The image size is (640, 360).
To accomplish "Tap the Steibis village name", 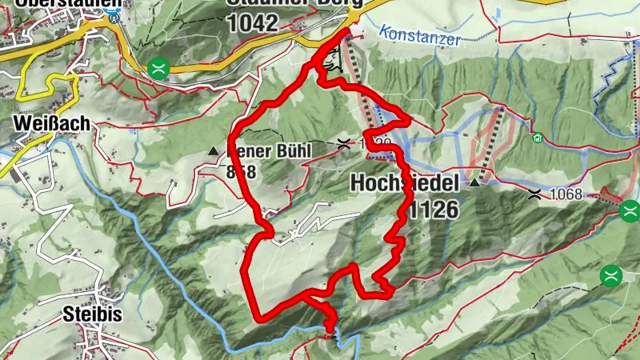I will click(x=92, y=314).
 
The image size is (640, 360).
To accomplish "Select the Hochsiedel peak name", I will click(x=404, y=184).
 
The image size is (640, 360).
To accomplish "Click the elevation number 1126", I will click(x=432, y=210).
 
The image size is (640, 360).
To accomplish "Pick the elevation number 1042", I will click(x=253, y=23).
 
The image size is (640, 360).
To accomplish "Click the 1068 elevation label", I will click(x=569, y=193).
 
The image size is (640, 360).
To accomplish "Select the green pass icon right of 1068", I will click(x=630, y=210).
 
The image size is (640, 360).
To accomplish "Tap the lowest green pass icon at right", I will click(x=612, y=275).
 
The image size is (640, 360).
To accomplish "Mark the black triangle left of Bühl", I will click(x=213, y=150).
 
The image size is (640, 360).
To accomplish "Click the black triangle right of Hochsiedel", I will click(x=476, y=182).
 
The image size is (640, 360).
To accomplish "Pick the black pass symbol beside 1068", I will click(x=534, y=192).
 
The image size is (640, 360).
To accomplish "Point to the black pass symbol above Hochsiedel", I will click(x=345, y=144).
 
